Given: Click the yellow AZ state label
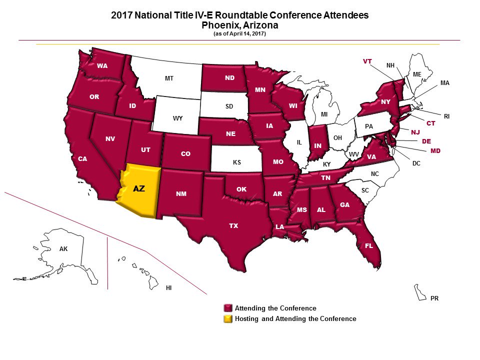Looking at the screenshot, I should [x=138, y=189].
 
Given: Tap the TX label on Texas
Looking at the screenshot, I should [x=233, y=226].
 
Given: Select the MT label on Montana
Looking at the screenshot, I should [x=169, y=78].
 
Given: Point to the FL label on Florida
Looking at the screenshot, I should [x=369, y=246].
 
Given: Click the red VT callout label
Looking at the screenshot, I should [x=367, y=61].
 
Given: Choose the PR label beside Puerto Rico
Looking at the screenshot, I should [x=434, y=298].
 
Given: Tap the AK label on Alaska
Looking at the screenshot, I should [x=63, y=248].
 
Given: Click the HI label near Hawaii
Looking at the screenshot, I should [x=168, y=288].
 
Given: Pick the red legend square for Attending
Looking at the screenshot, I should [x=228, y=308].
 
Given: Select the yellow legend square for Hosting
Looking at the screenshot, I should [x=228, y=318].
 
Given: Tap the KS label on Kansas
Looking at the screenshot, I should [x=237, y=163].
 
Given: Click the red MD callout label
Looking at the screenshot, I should [x=435, y=150].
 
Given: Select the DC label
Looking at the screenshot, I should [x=415, y=163].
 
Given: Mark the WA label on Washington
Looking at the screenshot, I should [x=102, y=65].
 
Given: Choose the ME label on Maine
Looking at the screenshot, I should [x=417, y=74].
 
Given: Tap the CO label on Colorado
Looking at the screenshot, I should [x=185, y=154].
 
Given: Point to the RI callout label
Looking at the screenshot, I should [x=446, y=116].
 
